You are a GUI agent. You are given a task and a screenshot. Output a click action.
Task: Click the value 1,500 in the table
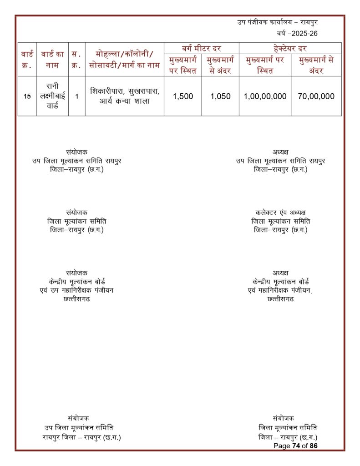[183, 96]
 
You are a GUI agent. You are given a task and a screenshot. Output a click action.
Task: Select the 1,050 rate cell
[220, 96]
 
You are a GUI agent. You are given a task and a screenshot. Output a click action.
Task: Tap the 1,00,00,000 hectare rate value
[265, 96]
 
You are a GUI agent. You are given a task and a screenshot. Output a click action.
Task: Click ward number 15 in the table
[27, 96]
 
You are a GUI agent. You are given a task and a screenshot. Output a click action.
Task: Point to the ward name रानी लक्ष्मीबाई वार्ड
[52, 96]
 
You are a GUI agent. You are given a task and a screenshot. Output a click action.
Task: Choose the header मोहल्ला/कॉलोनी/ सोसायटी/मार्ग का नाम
[124, 60]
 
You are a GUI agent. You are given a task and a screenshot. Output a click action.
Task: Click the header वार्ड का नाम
[52, 60]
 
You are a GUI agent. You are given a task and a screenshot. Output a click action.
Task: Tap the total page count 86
[313, 446]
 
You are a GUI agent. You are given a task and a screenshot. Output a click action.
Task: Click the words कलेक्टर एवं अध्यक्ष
[280, 213]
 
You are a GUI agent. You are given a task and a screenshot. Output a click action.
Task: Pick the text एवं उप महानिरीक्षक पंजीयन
[76, 290]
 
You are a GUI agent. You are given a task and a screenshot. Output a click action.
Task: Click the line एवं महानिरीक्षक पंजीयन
[280, 290]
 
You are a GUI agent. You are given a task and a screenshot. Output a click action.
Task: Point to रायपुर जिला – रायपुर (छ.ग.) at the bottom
[81, 437]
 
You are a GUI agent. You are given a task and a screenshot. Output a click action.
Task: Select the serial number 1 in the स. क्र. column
[76, 96]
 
